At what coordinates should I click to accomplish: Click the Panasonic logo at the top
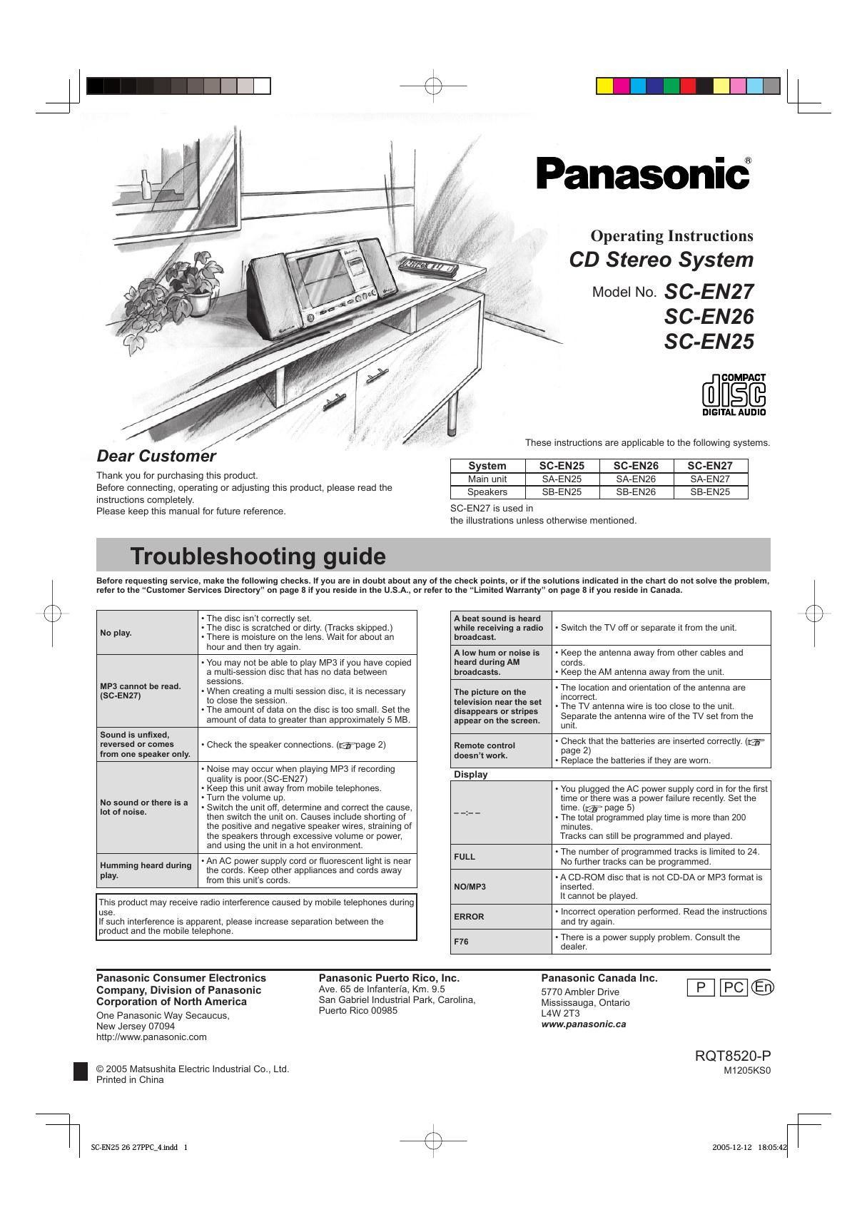point(643,173)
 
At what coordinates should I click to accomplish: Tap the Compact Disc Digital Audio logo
point(734,394)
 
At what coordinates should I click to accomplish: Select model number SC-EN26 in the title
point(709,317)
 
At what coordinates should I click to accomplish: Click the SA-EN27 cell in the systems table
point(710,479)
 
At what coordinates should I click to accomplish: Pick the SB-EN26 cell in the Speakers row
point(636,492)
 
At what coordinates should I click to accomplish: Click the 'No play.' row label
point(116,633)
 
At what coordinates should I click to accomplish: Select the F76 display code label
point(462,942)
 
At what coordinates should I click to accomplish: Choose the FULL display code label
point(465,857)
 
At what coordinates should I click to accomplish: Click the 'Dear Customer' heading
point(156,456)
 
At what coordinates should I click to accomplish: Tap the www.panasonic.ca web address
point(584,1024)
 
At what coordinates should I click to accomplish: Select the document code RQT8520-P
point(733,1057)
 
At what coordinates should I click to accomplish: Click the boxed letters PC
point(734,987)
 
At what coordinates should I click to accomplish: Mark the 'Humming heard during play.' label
point(146,870)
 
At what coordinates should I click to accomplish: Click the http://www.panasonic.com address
point(151,1037)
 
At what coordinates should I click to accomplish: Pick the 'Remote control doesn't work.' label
point(485,750)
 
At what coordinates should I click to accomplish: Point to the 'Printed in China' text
point(130,1080)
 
